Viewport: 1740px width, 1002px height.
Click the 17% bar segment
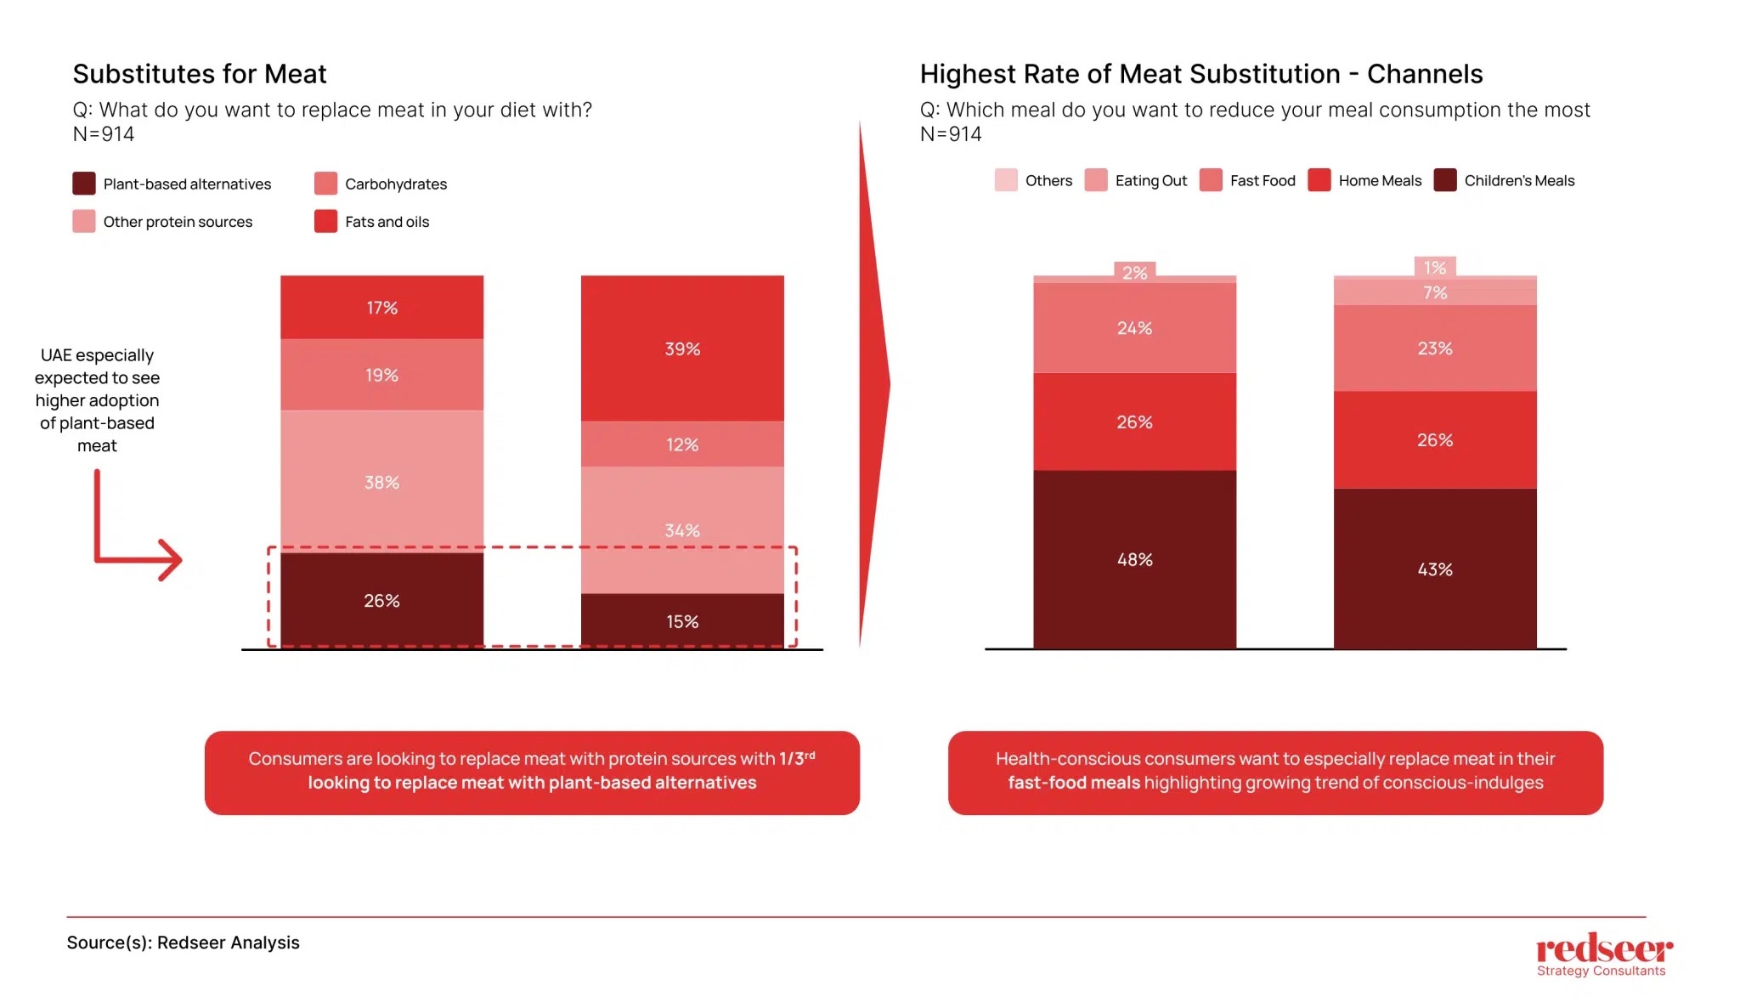pyautogui.click(x=381, y=307)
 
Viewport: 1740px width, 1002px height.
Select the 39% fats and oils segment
pyautogui.click(x=681, y=348)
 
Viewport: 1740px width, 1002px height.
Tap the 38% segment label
pyautogui.click(x=381, y=482)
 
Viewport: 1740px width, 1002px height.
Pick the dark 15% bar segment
pyautogui.click(x=681, y=621)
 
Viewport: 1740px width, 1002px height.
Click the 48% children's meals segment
pyautogui.click(x=1134, y=559)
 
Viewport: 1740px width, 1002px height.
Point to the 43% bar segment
pyautogui.click(x=1434, y=569)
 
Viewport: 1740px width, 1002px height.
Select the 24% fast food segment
pyautogui.click(x=1134, y=327)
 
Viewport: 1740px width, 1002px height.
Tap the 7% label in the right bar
pyautogui.click(x=1435, y=292)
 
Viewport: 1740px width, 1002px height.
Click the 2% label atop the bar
pyautogui.click(x=1134, y=272)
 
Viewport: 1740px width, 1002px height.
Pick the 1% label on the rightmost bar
pyautogui.click(x=1435, y=267)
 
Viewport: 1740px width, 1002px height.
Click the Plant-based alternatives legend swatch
pyautogui.click(x=83, y=184)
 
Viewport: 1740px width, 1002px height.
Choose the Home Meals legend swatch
pyautogui.click(x=1319, y=180)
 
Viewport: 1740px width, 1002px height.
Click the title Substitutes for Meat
pyautogui.click(x=200, y=74)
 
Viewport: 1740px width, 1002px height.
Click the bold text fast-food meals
pyautogui.click(x=1073, y=782)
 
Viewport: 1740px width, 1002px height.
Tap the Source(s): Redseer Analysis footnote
pyautogui.click(x=183, y=942)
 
